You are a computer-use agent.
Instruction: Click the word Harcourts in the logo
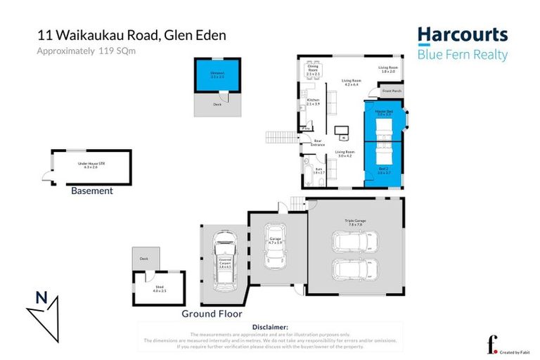[x=462, y=35]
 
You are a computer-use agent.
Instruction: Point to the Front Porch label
[x=391, y=91]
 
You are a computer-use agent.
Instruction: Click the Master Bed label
[x=384, y=112]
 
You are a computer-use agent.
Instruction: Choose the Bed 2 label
[x=384, y=172]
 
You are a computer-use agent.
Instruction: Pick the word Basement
[x=92, y=191]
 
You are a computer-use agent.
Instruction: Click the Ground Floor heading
[x=212, y=314]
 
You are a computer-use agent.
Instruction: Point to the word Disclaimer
[x=270, y=327]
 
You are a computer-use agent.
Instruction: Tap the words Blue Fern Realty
[x=462, y=55]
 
